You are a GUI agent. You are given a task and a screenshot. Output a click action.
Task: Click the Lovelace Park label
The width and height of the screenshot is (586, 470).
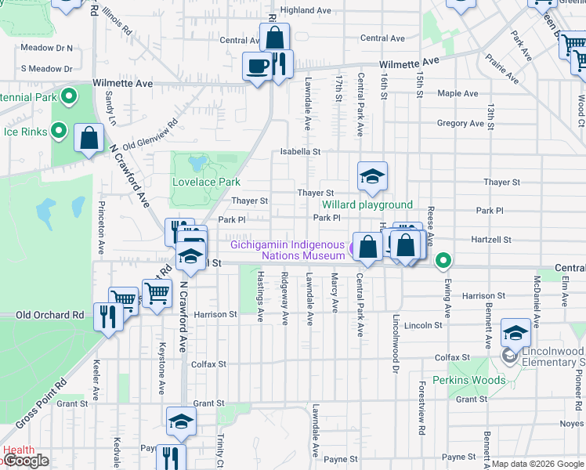(205, 182)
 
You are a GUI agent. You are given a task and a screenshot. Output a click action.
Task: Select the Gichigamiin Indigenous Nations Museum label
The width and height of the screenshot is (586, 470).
(288, 250)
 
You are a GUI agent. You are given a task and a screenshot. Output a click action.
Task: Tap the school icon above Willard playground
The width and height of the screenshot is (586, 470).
(372, 175)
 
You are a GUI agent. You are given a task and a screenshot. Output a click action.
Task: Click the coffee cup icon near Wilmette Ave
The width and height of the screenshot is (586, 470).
(256, 65)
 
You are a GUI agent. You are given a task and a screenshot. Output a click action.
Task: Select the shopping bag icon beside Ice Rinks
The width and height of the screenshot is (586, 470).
(89, 138)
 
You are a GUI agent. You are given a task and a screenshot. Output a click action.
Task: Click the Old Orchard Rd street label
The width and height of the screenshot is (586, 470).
(50, 315)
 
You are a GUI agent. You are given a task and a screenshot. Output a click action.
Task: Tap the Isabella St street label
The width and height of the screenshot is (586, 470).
(302, 151)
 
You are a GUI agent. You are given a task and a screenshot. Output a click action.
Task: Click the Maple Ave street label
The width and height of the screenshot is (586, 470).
(458, 93)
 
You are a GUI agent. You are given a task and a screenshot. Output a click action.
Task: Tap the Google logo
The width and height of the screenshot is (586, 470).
(25, 461)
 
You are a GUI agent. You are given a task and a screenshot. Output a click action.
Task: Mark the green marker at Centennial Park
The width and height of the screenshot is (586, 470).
(69, 97)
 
